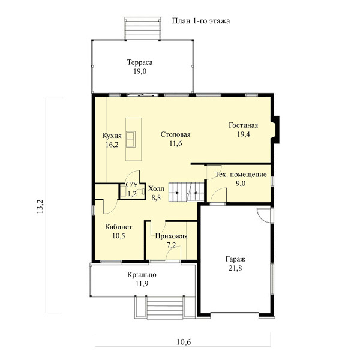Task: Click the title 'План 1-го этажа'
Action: click(x=201, y=21)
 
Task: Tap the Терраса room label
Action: click(x=140, y=62)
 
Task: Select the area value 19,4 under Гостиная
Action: click(x=244, y=134)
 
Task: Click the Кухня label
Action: click(x=112, y=136)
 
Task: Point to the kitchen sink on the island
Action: click(x=130, y=139)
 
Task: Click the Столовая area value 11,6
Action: click(x=176, y=143)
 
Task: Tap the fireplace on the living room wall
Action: click(x=275, y=130)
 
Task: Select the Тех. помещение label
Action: click(x=241, y=175)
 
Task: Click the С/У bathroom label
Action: click(x=132, y=185)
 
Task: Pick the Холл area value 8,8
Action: click(x=156, y=197)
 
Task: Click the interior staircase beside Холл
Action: click(x=187, y=192)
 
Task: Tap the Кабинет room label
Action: click(x=118, y=227)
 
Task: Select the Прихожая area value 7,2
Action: click(x=171, y=245)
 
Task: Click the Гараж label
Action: click(x=235, y=259)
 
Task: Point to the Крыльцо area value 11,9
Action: click(x=142, y=284)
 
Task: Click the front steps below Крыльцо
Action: click(x=165, y=307)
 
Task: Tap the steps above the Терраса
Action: click(x=143, y=28)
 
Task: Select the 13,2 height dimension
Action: click(x=40, y=206)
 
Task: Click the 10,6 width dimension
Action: click(x=184, y=342)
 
